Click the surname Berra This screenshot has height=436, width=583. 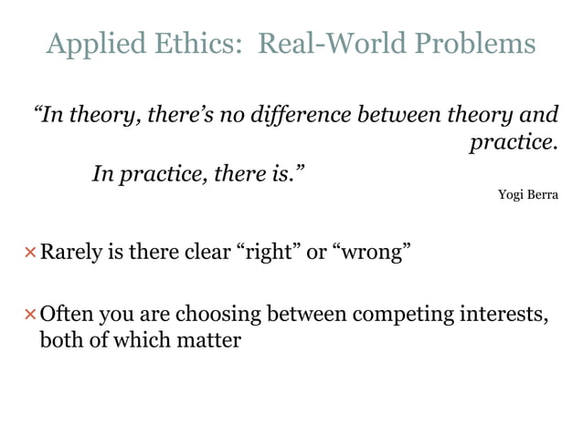tap(541, 194)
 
